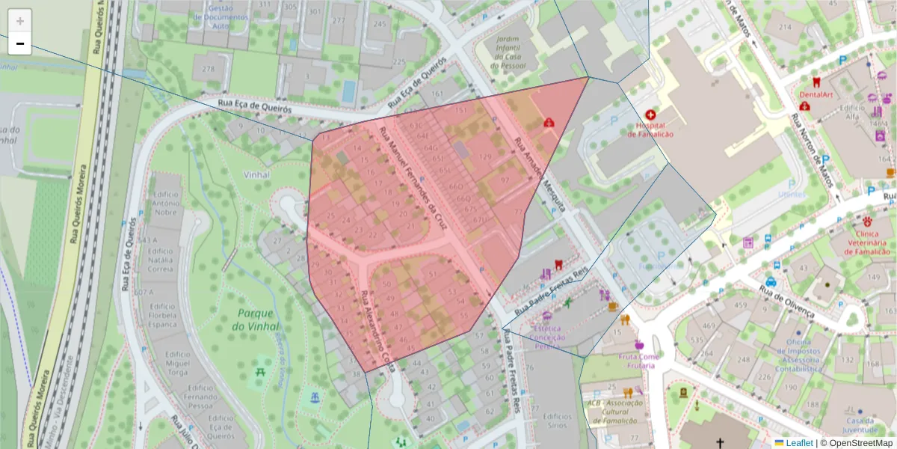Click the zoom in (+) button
point(20,21)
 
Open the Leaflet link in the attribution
point(799,443)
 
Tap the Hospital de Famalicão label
point(650,129)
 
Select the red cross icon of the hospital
point(650,114)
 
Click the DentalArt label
point(816,95)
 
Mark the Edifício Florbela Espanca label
point(162,316)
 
